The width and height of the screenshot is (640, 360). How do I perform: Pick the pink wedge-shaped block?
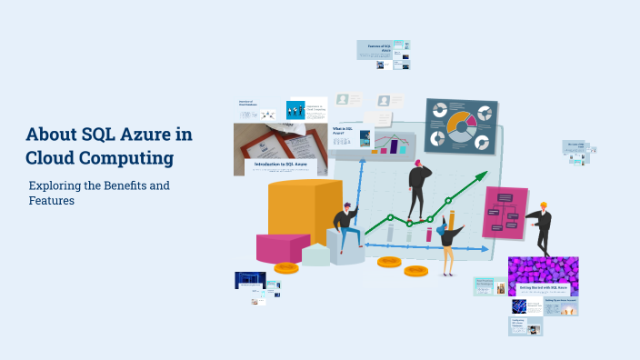[x=282, y=247]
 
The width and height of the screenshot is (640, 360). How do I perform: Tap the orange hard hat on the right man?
[x=544, y=205]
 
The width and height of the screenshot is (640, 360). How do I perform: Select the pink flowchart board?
[x=504, y=212]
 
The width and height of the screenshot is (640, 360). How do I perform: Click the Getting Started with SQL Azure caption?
[x=544, y=287]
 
